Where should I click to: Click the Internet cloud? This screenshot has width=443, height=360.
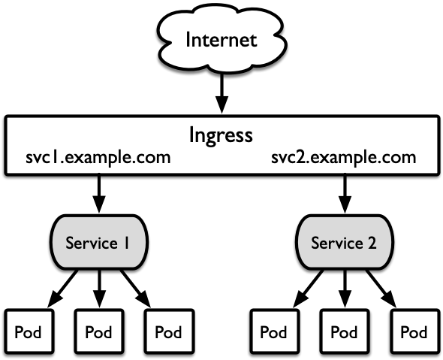click(221, 40)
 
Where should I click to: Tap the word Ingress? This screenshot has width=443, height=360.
click(221, 135)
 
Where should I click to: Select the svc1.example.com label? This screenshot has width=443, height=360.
click(98, 158)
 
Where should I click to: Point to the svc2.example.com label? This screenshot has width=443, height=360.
click(344, 158)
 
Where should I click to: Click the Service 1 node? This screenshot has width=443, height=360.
click(98, 242)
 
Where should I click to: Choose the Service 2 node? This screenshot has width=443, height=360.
click(344, 242)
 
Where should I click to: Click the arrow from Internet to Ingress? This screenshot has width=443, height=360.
click(221, 94)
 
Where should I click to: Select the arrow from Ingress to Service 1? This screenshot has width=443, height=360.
click(98, 195)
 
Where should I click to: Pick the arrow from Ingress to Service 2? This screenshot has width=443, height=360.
click(345, 195)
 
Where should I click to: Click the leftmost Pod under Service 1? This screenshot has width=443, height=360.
click(29, 331)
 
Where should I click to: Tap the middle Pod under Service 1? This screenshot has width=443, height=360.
click(99, 331)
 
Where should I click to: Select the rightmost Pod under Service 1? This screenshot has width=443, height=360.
click(169, 331)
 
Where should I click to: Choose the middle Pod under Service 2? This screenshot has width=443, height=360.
click(345, 331)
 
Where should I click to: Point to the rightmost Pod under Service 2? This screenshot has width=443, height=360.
click(414, 331)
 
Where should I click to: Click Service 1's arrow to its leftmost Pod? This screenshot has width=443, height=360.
click(62, 289)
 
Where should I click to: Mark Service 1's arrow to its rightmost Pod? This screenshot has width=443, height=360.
click(136, 289)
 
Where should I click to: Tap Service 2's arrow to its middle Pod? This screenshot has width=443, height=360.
click(345, 289)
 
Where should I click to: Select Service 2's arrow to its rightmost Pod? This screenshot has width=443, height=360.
click(381, 289)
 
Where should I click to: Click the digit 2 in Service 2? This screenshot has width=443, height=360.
click(372, 243)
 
